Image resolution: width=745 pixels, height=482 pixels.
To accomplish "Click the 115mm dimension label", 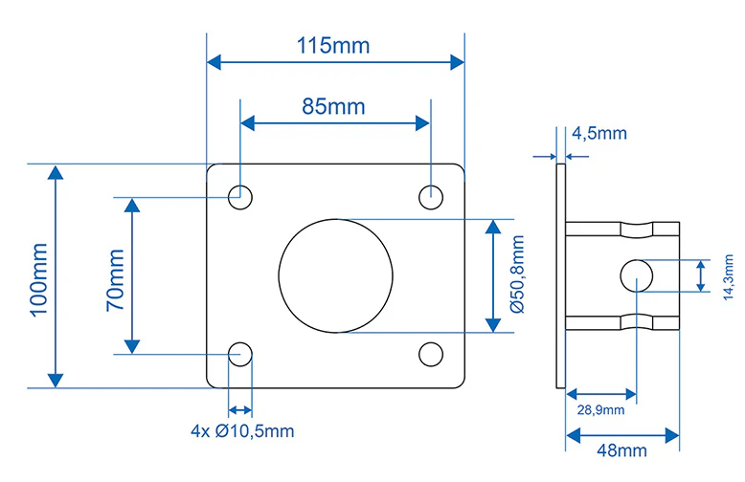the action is pyautogui.click(x=333, y=46).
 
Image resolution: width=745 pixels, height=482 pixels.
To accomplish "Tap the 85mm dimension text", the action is pyautogui.click(x=333, y=107).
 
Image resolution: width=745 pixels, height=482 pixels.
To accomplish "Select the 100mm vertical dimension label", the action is pyautogui.click(x=39, y=279).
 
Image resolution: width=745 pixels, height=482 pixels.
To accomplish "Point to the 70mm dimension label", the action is pyautogui.click(x=116, y=280).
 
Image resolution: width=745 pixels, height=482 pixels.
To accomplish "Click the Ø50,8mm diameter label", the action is pyautogui.click(x=517, y=274).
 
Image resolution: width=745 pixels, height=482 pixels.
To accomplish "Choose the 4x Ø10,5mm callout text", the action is pyautogui.click(x=242, y=431).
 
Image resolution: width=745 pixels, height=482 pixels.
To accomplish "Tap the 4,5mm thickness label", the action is pyautogui.click(x=599, y=133).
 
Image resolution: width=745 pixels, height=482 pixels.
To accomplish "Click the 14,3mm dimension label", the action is pyautogui.click(x=728, y=277).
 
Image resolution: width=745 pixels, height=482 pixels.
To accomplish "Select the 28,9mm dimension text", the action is pyautogui.click(x=600, y=410).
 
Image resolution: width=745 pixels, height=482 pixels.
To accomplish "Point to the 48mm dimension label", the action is pyautogui.click(x=621, y=450).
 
